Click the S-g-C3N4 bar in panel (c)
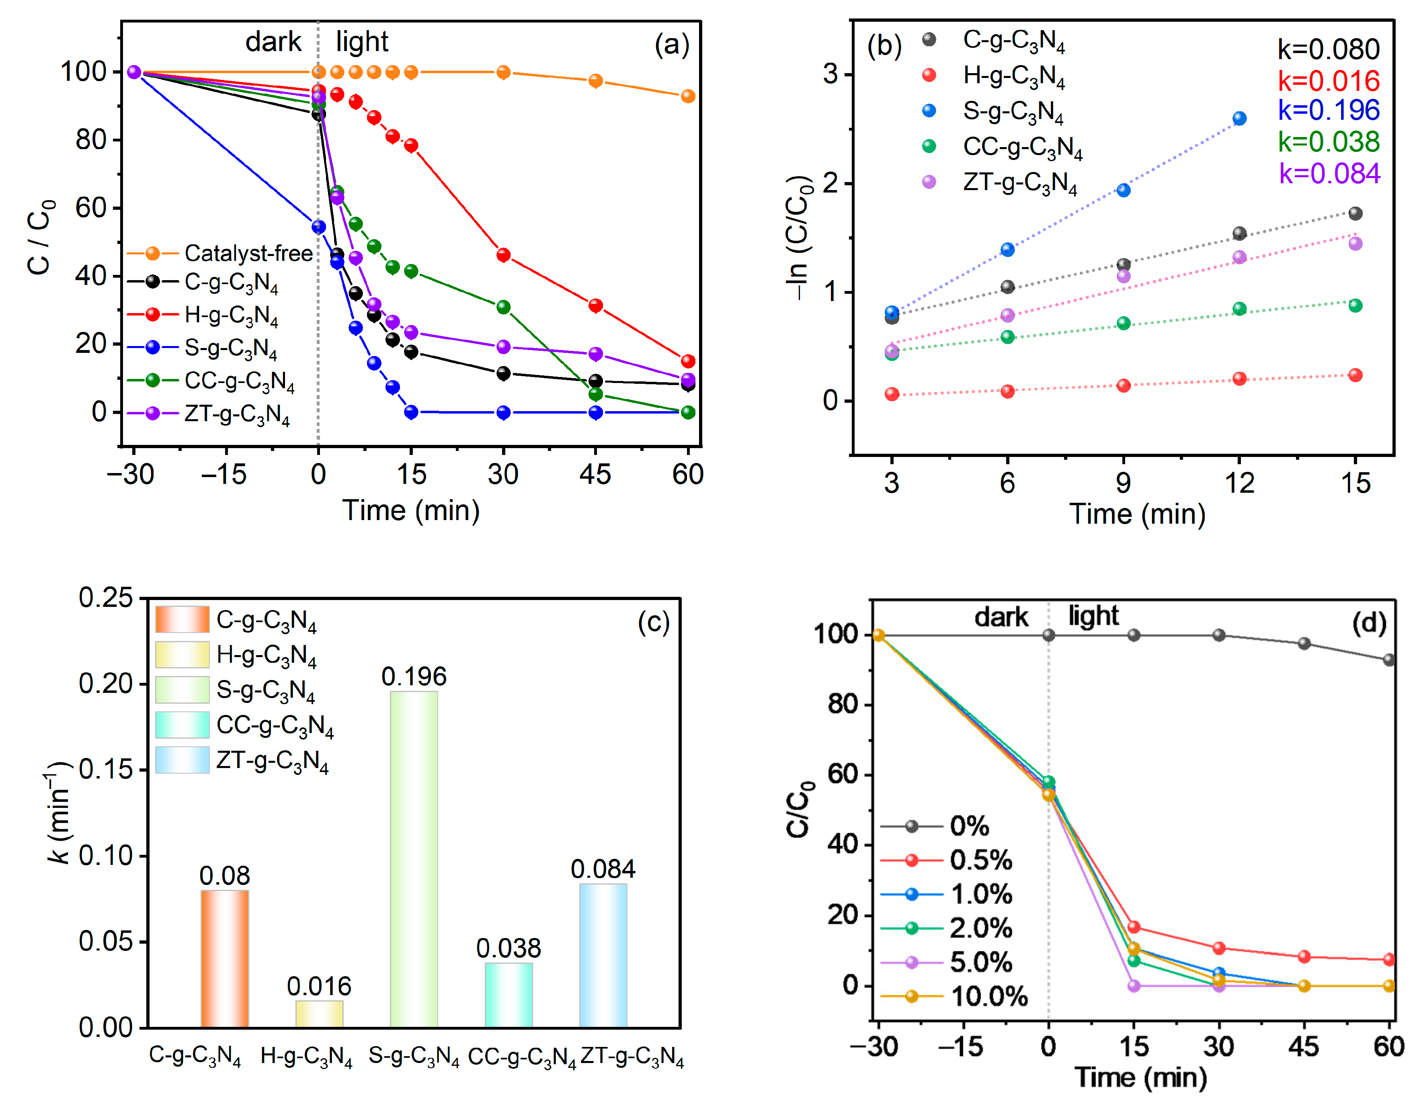(x=414, y=859)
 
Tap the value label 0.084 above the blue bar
(x=603, y=869)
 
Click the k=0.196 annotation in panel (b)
(x=1329, y=111)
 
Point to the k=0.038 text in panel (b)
(x=1329, y=142)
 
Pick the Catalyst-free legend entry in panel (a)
(x=221, y=253)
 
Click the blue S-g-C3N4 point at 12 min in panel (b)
(x=1239, y=119)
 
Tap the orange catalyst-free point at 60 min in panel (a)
(x=688, y=96)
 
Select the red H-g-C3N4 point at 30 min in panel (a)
(x=503, y=255)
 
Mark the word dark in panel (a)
(x=273, y=42)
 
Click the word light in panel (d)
(x=1093, y=615)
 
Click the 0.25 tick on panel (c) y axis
(x=105, y=597)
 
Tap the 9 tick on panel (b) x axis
(x=1123, y=483)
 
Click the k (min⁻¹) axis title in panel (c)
(x=59, y=813)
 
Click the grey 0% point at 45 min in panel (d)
(x=1304, y=643)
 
